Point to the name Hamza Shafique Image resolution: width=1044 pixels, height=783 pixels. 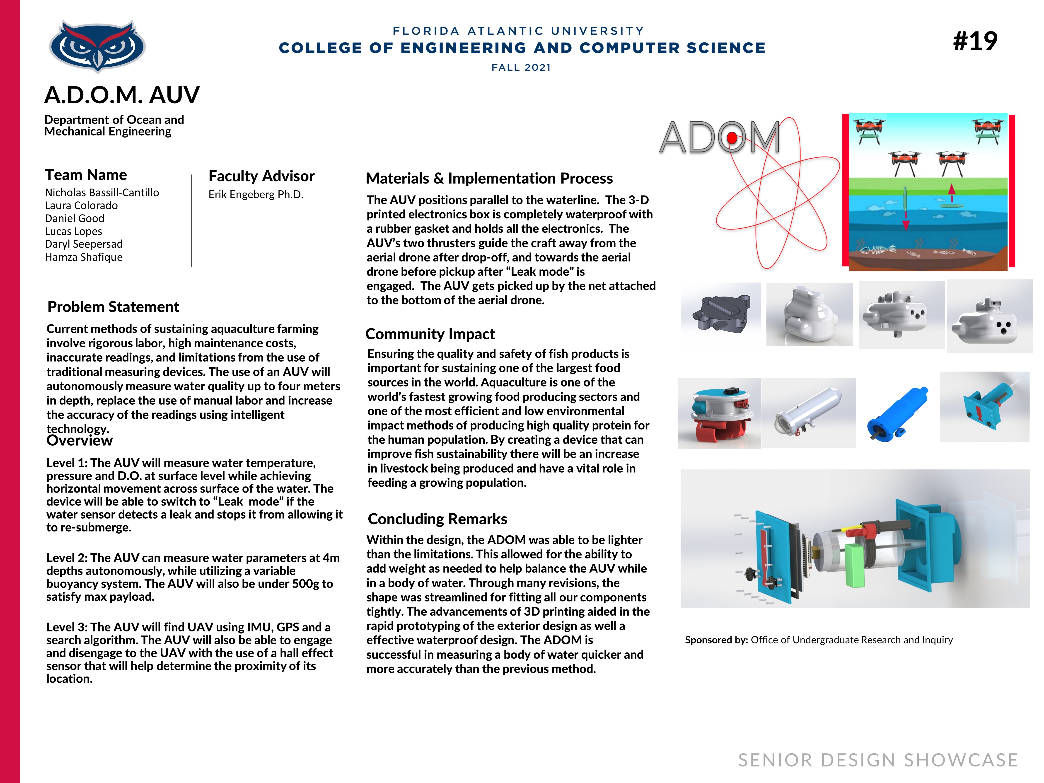point(84,257)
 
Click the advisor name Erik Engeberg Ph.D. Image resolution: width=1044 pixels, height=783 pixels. point(256,194)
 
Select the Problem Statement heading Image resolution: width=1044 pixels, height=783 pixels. point(113,307)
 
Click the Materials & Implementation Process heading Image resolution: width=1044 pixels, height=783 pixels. point(489,178)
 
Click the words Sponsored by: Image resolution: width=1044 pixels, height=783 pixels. point(716,640)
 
